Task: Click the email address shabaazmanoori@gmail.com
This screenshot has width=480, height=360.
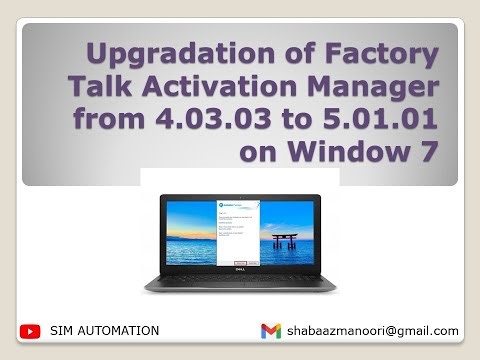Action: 372,330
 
